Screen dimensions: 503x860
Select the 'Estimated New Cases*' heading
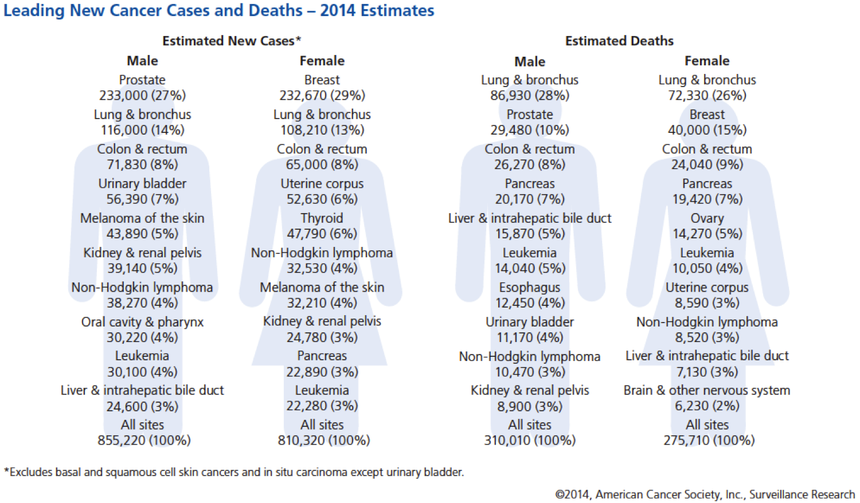pos(231,41)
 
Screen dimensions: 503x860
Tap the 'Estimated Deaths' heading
pos(619,41)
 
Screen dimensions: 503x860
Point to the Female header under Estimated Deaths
pos(707,61)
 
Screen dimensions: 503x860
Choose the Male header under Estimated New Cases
pos(142,61)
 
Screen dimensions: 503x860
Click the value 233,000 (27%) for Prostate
pos(142,96)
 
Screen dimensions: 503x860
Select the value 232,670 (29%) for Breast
pos(322,96)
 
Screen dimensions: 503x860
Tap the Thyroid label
pos(322,218)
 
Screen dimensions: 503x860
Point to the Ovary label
pos(707,218)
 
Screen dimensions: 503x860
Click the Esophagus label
pos(530,288)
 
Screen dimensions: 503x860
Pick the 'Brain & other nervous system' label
pos(707,391)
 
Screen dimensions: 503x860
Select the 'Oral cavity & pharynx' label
pos(142,322)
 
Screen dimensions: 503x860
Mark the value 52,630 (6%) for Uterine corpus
pos(322,199)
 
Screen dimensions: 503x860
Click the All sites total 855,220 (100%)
pos(144,441)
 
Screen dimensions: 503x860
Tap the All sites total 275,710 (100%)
pos(709,441)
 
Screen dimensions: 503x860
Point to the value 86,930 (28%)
pos(530,96)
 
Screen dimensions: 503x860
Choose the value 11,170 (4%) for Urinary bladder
pos(530,337)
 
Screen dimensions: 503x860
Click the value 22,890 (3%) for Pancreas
pos(322,372)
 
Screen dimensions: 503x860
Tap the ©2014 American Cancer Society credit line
pos(705,494)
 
